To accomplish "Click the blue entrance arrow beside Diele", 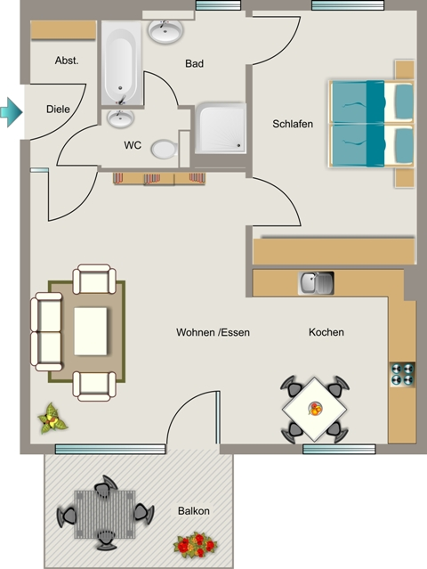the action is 12,112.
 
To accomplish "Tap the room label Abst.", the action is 67,61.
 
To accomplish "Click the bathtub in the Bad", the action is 122,63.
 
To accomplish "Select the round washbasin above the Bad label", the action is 165,31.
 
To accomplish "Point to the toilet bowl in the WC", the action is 165,149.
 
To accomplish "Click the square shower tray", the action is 222,128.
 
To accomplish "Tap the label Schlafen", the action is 293,124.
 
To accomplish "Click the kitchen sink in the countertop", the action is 316,283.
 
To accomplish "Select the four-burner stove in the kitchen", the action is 403,375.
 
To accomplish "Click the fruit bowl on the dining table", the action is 315,409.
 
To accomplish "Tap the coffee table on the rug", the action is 91,331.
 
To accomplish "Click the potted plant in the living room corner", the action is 52,419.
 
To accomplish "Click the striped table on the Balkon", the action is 105,514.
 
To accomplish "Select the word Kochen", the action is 326,332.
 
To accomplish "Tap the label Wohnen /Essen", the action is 213,332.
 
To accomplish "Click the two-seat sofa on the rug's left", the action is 46,331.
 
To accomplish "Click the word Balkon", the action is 194,511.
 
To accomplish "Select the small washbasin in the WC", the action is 120,118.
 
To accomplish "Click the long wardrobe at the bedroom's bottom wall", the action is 334,251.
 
